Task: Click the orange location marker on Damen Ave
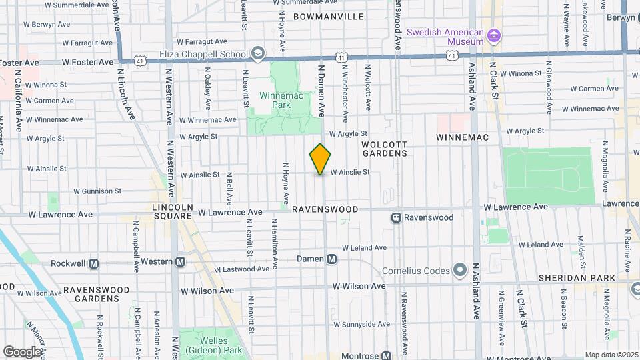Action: [x=321, y=159]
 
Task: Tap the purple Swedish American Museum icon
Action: [x=494, y=35]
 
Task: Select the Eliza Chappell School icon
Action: [x=258, y=53]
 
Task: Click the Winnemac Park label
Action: [x=277, y=100]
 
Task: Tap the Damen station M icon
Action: [x=331, y=259]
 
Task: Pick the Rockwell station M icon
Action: [x=94, y=263]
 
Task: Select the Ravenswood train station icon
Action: [x=396, y=217]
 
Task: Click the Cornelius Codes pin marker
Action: [x=459, y=271]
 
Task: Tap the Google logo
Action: [x=21, y=351]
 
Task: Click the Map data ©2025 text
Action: [x=611, y=355]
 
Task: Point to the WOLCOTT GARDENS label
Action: [x=384, y=149]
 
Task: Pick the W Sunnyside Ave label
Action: [x=361, y=324]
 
